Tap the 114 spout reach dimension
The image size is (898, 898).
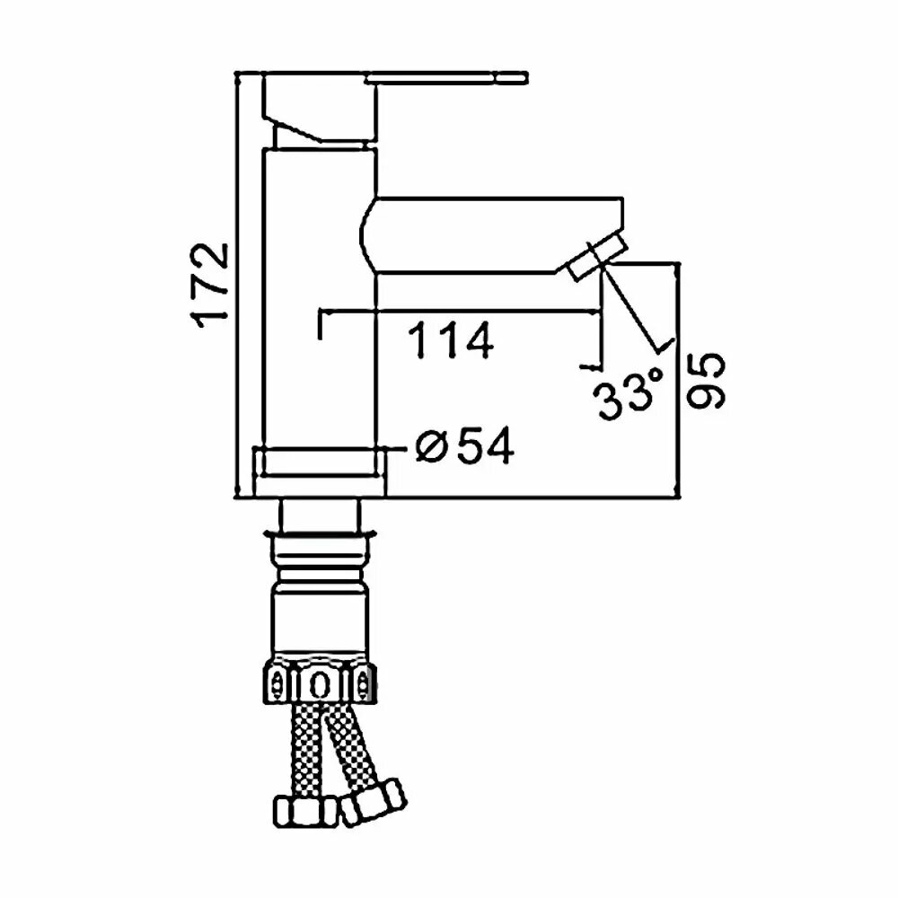[x=451, y=340]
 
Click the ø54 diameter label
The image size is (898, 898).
[x=465, y=446]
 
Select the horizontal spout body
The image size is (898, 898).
[x=485, y=235]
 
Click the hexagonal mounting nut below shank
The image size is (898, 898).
[x=318, y=682]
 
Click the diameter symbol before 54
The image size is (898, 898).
[x=431, y=446]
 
